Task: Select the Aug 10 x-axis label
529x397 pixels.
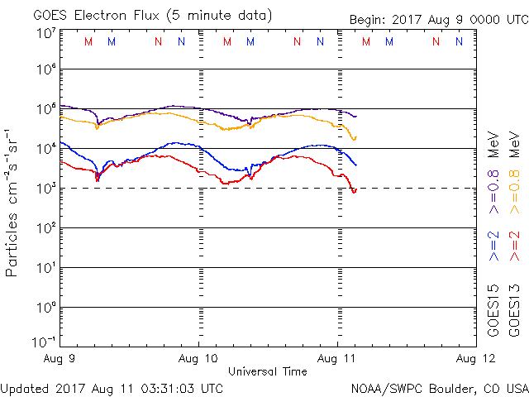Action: point(199,360)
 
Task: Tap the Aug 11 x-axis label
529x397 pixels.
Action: point(337,360)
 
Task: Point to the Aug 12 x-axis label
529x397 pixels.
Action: point(475,360)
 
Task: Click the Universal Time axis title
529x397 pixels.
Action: point(268,371)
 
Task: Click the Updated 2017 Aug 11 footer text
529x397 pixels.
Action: point(112,387)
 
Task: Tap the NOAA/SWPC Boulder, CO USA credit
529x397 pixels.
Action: point(438,387)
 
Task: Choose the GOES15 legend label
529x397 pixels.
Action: point(493,310)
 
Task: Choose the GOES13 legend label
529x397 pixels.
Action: point(514,310)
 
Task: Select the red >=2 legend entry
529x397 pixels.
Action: point(514,244)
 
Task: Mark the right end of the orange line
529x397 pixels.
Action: point(355,137)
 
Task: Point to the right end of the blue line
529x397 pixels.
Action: point(356,165)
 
